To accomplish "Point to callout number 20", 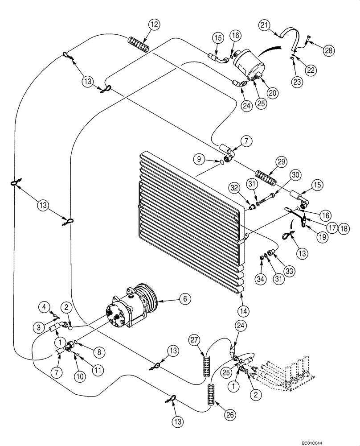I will pos(273,92).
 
